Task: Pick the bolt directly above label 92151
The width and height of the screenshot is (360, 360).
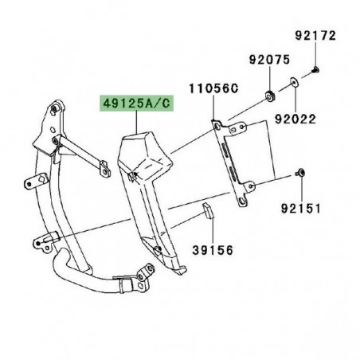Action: (x=300, y=171)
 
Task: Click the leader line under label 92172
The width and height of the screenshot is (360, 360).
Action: (x=317, y=54)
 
